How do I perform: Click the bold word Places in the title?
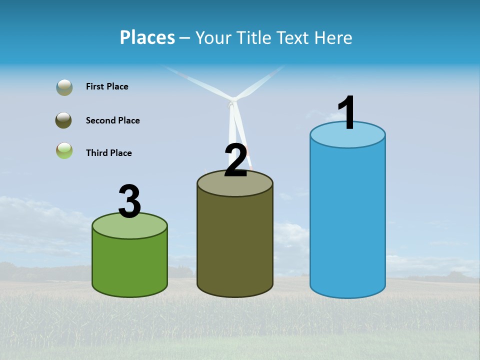[147, 37]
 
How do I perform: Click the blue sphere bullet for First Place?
[64, 87]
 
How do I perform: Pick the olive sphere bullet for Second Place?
[63, 120]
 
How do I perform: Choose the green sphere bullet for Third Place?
[64, 151]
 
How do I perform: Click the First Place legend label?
[107, 86]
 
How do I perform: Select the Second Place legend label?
[112, 120]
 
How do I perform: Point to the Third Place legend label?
[108, 153]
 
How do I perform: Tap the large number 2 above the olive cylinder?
[236, 160]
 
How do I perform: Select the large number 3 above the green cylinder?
[129, 201]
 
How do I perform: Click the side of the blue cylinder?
[347, 220]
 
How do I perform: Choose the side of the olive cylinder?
[235, 245]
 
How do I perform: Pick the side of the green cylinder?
[129, 265]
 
